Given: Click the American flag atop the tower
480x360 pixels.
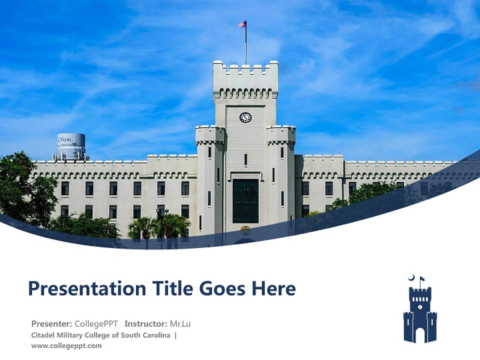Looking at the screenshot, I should [x=242, y=23].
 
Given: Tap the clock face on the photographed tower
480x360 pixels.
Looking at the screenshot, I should [x=245, y=117].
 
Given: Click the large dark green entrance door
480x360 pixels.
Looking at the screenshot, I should [x=245, y=200].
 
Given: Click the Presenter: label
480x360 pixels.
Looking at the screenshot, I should [x=52, y=324].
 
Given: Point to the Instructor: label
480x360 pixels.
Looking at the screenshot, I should [x=146, y=324].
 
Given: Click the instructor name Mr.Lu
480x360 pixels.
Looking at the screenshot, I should [x=180, y=324].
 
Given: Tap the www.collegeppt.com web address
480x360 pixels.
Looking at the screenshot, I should [x=66, y=345].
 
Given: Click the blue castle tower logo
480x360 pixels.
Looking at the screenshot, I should [x=420, y=313].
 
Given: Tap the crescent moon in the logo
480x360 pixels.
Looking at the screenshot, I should [x=411, y=278].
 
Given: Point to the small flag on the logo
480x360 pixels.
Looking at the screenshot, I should [x=422, y=279].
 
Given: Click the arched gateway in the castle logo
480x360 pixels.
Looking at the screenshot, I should [x=420, y=334].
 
